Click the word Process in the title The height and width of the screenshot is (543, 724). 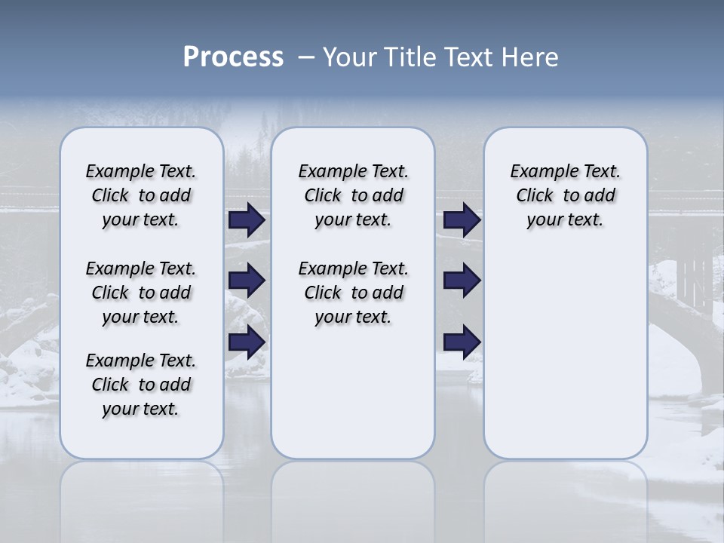(233, 57)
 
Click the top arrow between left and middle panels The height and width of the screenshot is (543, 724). (247, 220)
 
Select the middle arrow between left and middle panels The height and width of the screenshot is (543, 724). (247, 281)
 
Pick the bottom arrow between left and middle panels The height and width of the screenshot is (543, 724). (247, 342)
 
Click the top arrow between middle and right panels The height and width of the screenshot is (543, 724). (462, 220)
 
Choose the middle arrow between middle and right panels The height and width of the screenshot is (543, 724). (462, 281)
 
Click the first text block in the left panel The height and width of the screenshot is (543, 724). (141, 195)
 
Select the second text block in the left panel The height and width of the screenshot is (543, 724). (141, 293)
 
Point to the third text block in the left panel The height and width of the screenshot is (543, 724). (141, 385)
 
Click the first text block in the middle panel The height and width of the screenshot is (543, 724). (353, 195)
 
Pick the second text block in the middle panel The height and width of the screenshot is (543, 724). (353, 293)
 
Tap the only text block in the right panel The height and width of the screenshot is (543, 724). (565, 195)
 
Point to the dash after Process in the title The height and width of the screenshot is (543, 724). (306, 58)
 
